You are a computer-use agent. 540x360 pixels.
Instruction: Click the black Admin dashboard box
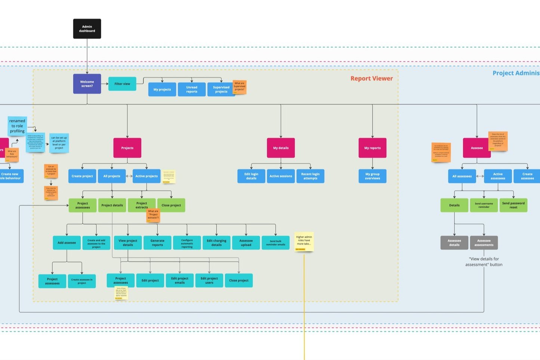(x=87, y=29)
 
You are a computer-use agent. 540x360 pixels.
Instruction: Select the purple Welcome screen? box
(x=87, y=84)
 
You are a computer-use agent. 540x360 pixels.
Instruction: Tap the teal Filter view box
(x=122, y=84)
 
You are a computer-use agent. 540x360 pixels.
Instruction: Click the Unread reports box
(x=191, y=89)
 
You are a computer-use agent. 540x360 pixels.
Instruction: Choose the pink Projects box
(x=127, y=148)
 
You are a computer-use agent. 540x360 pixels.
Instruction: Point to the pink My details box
(x=281, y=148)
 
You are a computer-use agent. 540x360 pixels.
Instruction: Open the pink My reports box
(x=372, y=148)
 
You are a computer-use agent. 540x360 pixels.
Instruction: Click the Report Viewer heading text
(x=371, y=79)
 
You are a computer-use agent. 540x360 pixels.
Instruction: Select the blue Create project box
(x=82, y=176)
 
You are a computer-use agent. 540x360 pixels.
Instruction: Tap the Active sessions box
(x=281, y=176)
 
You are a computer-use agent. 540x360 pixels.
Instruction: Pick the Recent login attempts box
(x=310, y=176)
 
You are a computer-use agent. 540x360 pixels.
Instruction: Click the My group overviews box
(x=372, y=176)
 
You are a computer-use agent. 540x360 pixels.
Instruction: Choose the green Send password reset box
(x=513, y=205)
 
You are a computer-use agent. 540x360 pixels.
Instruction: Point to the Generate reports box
(x=157, y=243)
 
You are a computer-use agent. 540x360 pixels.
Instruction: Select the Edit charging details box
(x=216, y=243)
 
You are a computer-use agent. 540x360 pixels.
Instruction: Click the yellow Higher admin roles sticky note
(x=304, y=241)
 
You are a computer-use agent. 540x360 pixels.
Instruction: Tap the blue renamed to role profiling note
(x=17, y=126)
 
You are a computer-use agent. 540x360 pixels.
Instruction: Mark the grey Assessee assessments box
(x=484, y=243)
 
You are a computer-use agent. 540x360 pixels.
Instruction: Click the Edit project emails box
(x=180, y=280)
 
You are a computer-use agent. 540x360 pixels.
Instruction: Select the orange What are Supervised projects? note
(x=240, y=87)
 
